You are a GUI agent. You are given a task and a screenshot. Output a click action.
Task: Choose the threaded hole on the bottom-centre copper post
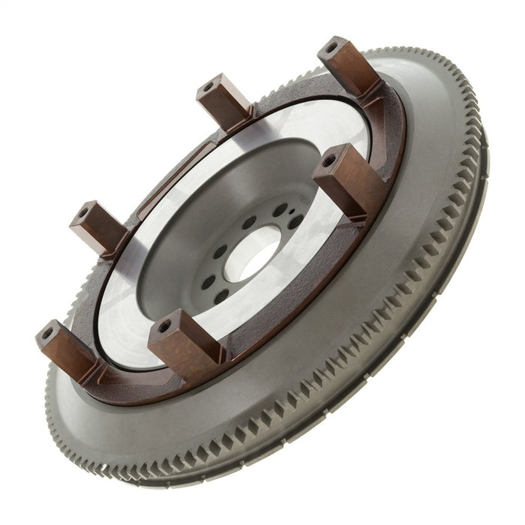click(x=165, y=326)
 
